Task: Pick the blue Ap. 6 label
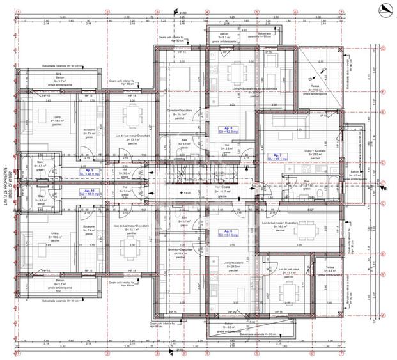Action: [229, 233]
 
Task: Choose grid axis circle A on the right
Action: [382, 315]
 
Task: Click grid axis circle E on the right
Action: [382, 112]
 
